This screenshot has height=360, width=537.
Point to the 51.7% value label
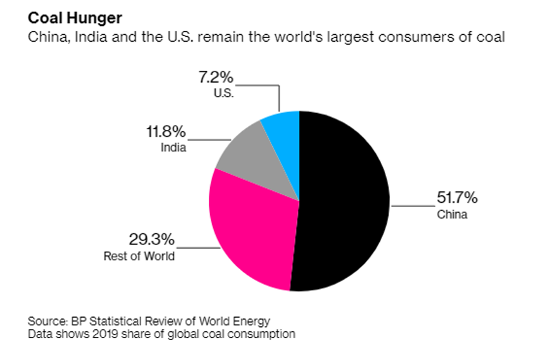456,198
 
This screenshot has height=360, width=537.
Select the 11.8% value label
164,132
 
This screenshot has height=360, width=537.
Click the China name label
452,215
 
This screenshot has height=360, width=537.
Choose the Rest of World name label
139,256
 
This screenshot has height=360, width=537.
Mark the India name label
175,148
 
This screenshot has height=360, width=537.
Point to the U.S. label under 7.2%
223,94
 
